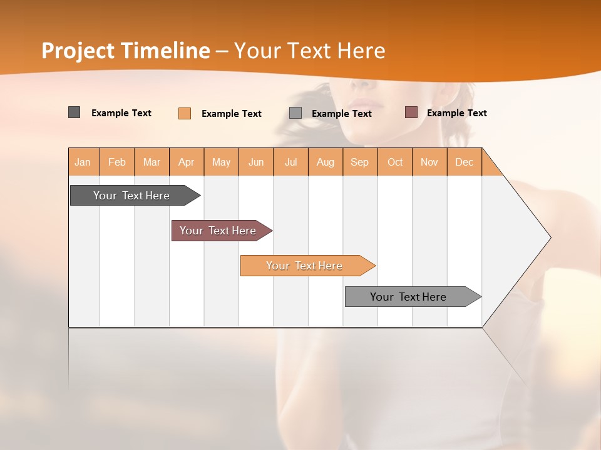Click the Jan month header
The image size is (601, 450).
click(83, 162)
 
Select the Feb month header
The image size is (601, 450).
click(117, 162)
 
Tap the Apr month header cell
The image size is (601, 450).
click(186, 162)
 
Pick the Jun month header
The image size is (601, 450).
click(256, 162)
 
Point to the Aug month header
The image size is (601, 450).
click(325, 162)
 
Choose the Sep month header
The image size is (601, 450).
click(359, 162)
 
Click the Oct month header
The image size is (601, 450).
click(395, 162)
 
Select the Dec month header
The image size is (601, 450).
click(464, 162)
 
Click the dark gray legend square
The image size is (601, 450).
click(74, 112)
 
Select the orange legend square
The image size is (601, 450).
click(185, 113)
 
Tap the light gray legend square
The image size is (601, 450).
click(295, 113)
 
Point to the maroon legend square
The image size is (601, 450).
click(411, 112)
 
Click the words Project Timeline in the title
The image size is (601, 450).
click(125, 51)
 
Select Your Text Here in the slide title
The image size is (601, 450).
click(309, 51)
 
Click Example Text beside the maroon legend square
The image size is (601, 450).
click(456, 112)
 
